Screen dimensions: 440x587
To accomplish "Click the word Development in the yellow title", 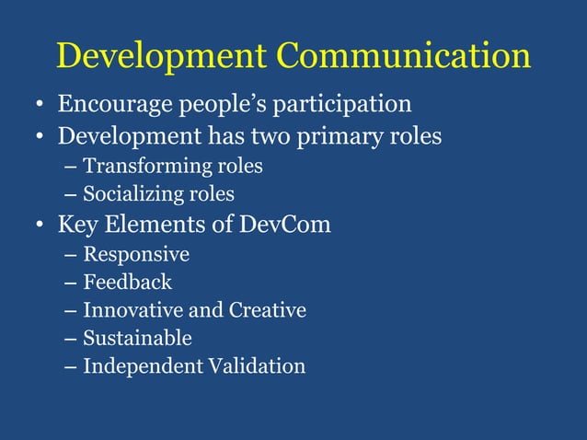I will click(x=162, y=56).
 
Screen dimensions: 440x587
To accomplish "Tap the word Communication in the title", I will click(x=404, y=56).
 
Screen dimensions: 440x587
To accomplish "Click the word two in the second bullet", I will click(x=259, y=136).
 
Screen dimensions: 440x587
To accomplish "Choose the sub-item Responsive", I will click(x=136, y=254).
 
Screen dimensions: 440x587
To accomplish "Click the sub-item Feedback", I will click(x=127, y=282).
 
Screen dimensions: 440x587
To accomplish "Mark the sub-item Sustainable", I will click(x=137, y=338).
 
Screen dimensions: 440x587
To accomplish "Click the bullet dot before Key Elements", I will click(x=40, y=226).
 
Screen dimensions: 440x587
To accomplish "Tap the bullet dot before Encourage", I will click(x=40, y=106).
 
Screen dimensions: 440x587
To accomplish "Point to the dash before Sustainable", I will click(x=72, y=339).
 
